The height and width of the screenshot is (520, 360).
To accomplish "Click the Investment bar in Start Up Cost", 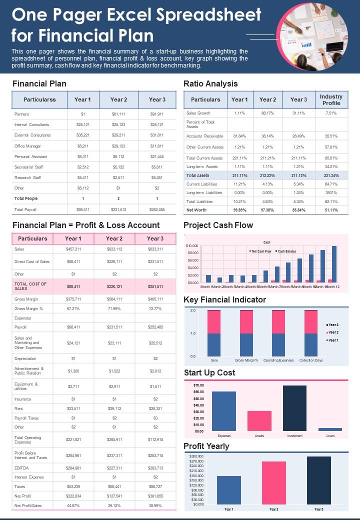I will click(x=294, y=408).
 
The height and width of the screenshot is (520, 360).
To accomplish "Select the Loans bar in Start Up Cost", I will click(x=330, y=429).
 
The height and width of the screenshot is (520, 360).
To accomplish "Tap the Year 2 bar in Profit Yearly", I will click(x=273, y=482).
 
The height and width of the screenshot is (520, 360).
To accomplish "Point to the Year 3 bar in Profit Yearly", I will click(x=318, y=480).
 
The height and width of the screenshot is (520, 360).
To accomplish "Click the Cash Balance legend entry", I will click(x=287, y=251).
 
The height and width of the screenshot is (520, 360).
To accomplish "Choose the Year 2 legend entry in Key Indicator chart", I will click(x=332, y=332).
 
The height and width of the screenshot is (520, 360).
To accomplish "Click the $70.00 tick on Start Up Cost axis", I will click(x=198, y=385).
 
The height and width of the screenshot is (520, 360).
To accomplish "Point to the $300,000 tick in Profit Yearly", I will click(x=196, y=456).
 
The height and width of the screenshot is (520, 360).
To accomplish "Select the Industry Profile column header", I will click(x=331, y=99).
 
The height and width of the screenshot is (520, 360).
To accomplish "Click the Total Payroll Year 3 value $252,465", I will click(x=157, y=209).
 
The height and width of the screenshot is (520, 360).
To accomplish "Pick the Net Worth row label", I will click(x=196, y=210).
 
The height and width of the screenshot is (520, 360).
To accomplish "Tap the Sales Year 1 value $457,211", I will click(x=73, y=249).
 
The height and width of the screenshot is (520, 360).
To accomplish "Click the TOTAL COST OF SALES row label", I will click(x=31, y=286).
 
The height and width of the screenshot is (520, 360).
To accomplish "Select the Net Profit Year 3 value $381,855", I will click(x=155, y=496).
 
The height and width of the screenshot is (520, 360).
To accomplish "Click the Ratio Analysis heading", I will click(x=210, y=83).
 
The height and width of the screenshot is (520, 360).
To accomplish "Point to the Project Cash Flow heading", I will click(x=218, y=225).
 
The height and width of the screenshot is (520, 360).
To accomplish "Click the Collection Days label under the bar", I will click(x=310, y=360).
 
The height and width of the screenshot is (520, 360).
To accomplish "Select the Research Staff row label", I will click(x=25, y=177).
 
